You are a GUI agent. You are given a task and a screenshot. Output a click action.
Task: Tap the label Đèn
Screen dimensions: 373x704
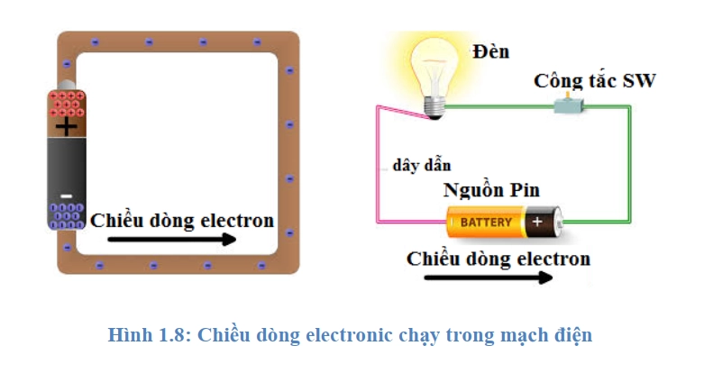click(x=490, y=51)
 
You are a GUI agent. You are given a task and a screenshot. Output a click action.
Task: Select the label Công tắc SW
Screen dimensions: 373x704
click(x=594, y=81)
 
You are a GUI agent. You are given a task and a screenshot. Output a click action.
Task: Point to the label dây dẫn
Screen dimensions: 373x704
click(x=422, y=166)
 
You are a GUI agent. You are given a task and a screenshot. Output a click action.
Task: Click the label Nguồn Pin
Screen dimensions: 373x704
click(x=490, y=192)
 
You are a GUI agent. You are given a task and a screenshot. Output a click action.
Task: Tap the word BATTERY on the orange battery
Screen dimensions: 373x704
click(x=486, y=222)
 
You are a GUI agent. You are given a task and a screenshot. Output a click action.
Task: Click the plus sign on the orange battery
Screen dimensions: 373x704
click(x=538, y=221)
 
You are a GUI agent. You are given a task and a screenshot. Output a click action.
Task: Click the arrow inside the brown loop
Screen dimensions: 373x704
click(x=171, y=240)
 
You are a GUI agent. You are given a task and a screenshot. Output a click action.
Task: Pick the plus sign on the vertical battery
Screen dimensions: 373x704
click(x=66, y=127)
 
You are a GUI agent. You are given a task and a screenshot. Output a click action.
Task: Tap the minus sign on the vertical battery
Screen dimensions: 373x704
click(x=66, y=194)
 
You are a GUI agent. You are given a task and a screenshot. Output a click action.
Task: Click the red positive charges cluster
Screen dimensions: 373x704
click(x=66, y=105)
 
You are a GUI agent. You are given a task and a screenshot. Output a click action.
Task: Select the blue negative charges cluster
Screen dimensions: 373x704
click(x=66, y=215)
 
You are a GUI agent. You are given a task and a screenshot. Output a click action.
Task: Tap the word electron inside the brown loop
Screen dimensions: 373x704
click(x=236, y=220)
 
